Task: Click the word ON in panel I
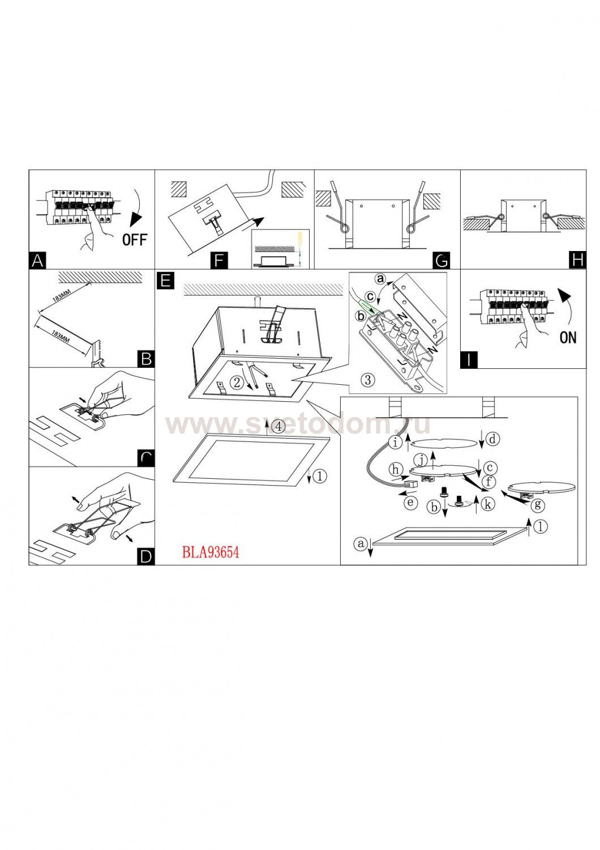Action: tap(567, 338)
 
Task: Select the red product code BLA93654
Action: tap(211, 551)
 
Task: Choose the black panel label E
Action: tap(165, 280)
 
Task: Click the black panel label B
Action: tap(146, 359)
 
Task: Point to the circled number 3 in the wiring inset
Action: tap(367, 379)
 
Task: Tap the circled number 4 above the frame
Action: tap(277, 427)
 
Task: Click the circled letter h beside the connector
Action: tap(396, 469)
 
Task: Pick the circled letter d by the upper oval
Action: tap(493, 439)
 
